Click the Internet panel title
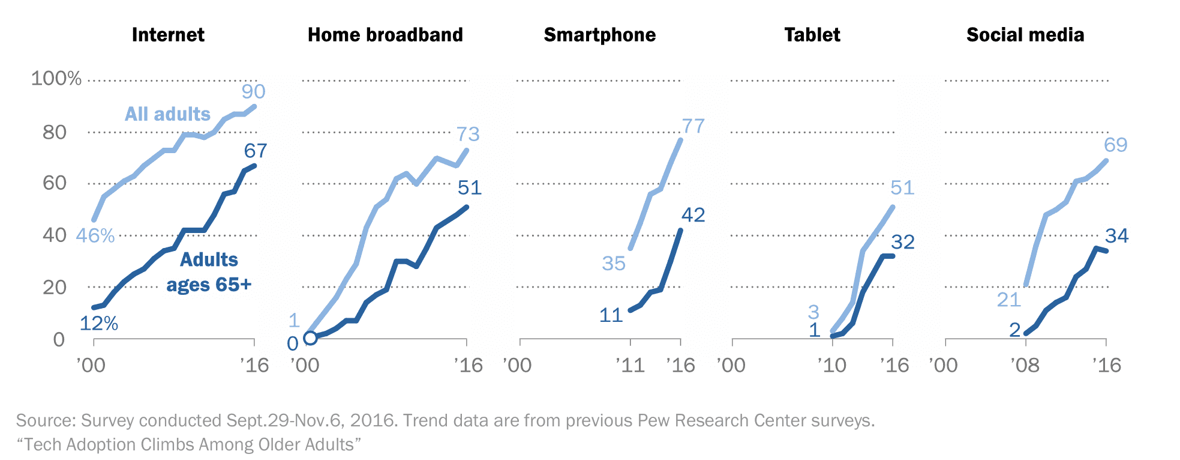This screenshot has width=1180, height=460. pos(168,35)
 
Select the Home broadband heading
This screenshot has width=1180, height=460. pos(385,35)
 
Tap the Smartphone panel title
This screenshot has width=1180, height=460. pos(599,35)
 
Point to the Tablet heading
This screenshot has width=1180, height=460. pos(812,35)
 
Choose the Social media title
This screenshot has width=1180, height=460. pos(1025,35)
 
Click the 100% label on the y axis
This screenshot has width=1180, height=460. pos(56,78)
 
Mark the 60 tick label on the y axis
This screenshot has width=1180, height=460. pos(55,183)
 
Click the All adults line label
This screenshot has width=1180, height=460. pos(167,114)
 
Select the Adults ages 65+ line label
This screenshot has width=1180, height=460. pos(209,272)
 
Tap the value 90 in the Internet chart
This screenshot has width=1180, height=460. pos(253,91)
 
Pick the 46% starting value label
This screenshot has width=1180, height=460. pos(95,235)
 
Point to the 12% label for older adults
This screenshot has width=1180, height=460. pos(98,324)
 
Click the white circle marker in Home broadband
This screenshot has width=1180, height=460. pos(310,338)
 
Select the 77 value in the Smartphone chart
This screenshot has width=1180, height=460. pos(693,126)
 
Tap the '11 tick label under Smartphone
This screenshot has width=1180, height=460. pos(630,365)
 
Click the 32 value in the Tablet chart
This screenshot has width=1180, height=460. pos(902,242)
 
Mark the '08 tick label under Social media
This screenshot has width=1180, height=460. pos(1025,365)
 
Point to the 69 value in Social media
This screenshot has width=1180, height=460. pos(1115,145)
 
